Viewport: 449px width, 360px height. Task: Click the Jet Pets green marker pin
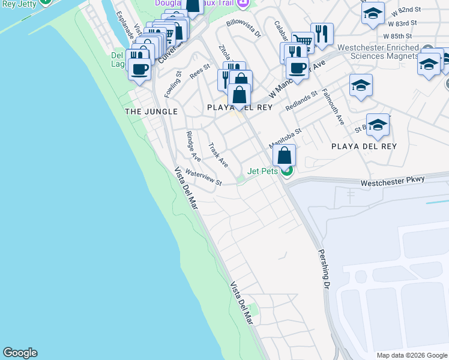tap(287, 172)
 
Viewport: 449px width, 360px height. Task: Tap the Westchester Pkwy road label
tap(393, 180)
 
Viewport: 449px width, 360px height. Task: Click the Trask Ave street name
tap(218, 155)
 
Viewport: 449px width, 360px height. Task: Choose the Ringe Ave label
tap(193, 146)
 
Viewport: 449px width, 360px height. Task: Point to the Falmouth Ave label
tap(333, 106)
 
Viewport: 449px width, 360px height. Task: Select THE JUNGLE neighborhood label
tap(151, 112)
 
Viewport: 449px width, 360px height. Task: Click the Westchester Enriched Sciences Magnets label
tap(378, 52)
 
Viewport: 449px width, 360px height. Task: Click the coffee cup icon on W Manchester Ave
tap(297, 67)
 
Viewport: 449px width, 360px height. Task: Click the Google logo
tap(20, 353)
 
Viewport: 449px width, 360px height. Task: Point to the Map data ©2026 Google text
tap(412, 355)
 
